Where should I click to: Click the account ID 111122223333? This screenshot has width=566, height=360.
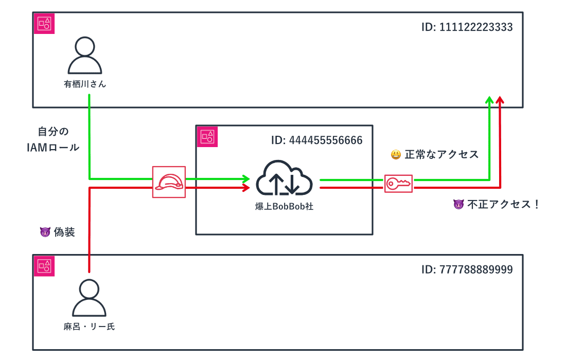tap(467, 27)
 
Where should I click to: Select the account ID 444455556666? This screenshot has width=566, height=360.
tap(317, 140)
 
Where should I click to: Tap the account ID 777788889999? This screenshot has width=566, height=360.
tap(467, 269)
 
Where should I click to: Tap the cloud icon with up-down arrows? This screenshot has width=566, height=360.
tap(285, 178)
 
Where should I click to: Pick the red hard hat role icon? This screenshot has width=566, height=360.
tap(168, 183)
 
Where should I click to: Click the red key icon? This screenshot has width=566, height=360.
tap(398, 183)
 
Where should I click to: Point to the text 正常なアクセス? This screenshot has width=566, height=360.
tap(441, 154)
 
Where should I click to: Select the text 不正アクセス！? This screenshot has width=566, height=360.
tap(503, 204)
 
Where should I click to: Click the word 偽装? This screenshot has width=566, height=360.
tap(64, 232)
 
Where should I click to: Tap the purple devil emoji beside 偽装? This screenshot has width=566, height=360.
tap(45, 232)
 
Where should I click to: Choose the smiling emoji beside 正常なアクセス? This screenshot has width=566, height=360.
tap(396, 154)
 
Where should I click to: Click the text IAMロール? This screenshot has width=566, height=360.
tap(52, 148)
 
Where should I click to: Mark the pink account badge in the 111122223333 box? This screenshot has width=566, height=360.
tap(44, 23)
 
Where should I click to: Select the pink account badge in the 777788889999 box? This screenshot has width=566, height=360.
tap(44, 265)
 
